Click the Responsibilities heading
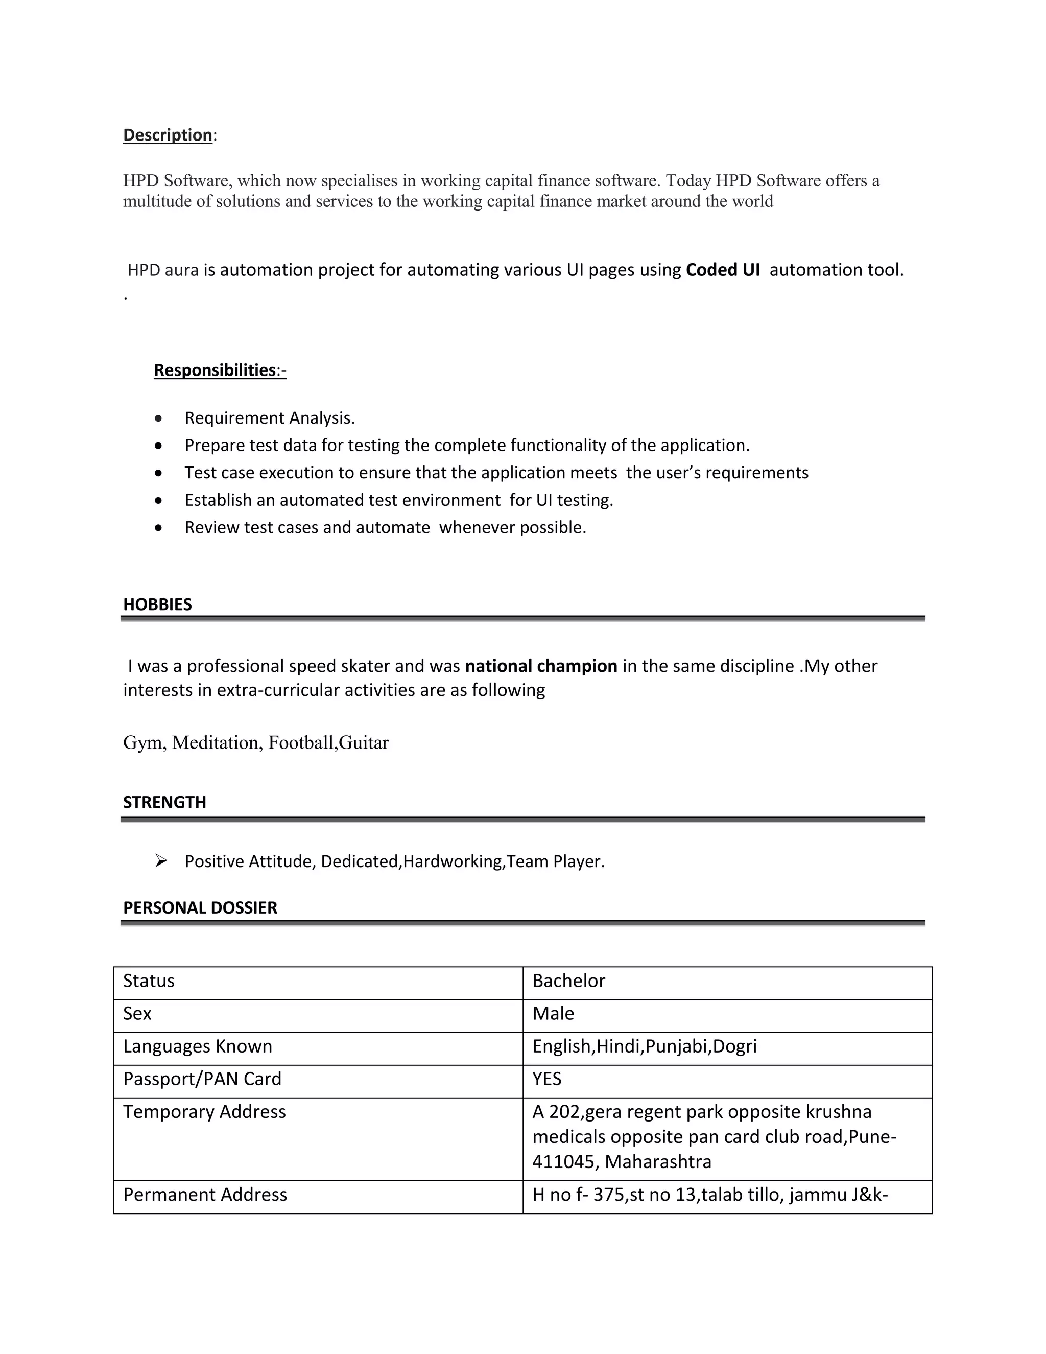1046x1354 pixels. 215,370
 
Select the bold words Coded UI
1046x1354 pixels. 723,270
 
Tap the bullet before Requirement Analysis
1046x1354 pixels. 159,418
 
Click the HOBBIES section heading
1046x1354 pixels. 157,604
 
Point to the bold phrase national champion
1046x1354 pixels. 541,666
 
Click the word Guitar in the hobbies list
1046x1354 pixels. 364,743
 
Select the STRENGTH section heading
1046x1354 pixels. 164,802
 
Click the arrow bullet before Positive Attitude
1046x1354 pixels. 161,860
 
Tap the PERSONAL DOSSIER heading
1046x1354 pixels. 200,907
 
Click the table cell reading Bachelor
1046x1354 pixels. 568,981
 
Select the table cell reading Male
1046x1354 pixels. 553,1014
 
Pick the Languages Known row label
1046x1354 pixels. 198,1046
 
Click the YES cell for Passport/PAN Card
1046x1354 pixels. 546,1079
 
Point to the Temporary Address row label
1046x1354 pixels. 204,1112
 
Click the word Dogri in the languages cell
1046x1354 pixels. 734,1046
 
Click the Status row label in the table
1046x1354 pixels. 149,981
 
